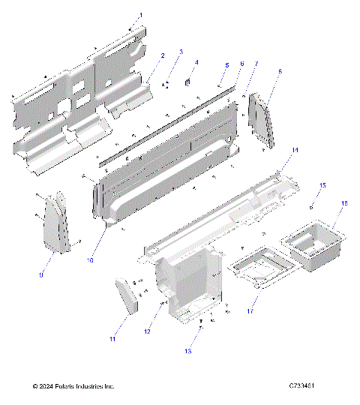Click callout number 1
140,15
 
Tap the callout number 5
226,65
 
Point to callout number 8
280,72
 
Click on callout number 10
90,261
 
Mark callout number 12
148,331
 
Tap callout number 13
187,349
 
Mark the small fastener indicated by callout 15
310,204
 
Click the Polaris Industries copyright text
73,387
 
